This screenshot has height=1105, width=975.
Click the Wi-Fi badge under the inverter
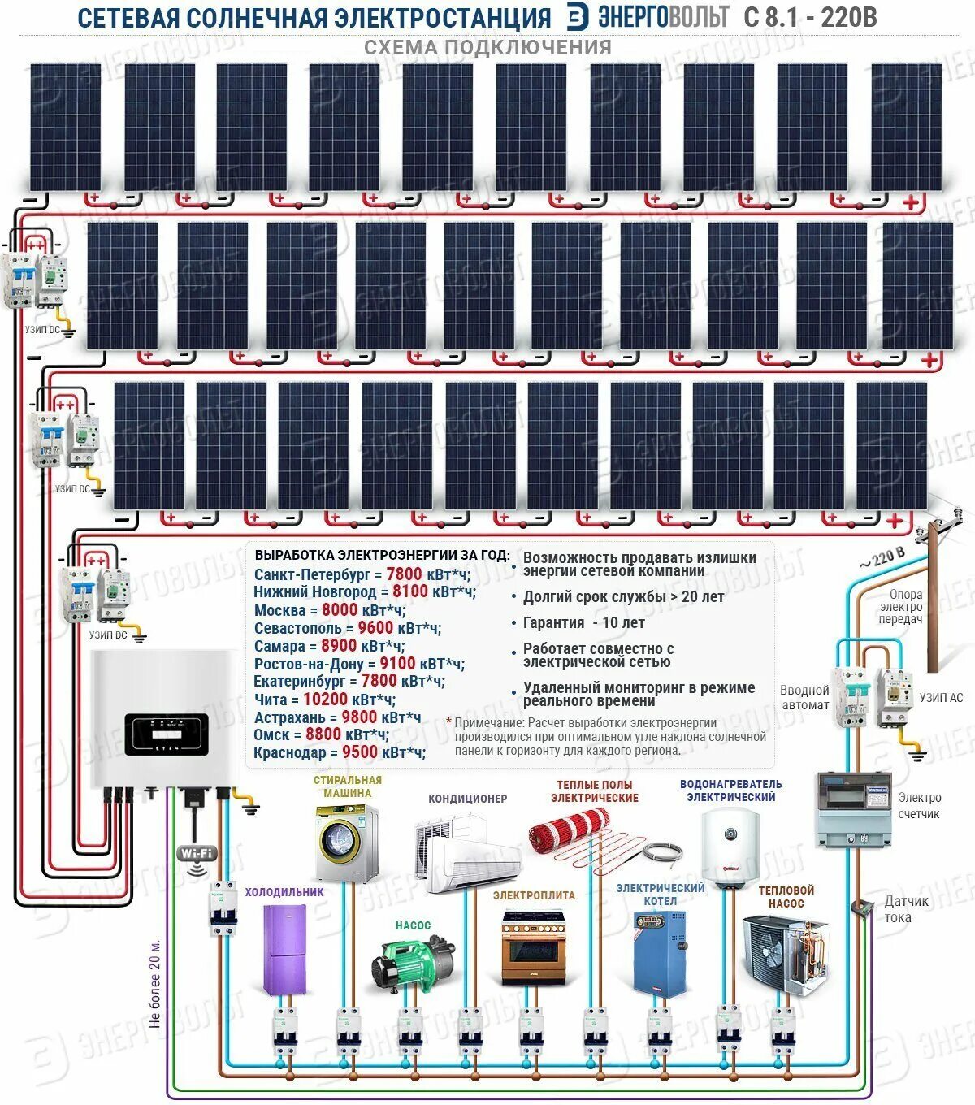[x=197, y=853]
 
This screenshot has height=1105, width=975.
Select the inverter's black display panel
[x=166, y=734]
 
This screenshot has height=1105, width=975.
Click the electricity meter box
[x=854, y=809]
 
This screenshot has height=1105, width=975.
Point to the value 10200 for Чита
[x=325, y=700]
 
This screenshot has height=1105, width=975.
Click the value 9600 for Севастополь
[x=375, y=628]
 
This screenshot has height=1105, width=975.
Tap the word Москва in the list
[x=279, y=611]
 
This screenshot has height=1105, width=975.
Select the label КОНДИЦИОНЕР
[x=467, y=799]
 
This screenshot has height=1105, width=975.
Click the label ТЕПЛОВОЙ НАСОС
[x=786, y=896]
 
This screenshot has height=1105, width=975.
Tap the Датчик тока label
[x=906, y=909]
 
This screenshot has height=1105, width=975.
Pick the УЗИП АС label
[x=941, y=698]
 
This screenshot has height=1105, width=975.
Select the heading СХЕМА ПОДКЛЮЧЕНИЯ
[x=487, y=47]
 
